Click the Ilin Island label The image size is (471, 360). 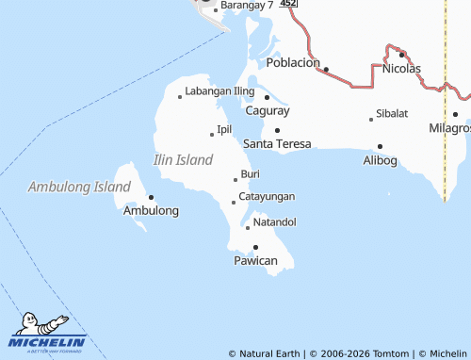click(x=183, y=160)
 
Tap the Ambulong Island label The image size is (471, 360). click(x=79, y=187)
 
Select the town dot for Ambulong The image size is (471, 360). click(x=151, y=197)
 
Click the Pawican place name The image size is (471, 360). click(x=255, y=260)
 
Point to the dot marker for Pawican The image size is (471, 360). click(x=255, y=247)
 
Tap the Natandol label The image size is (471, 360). click(x=275, y=222)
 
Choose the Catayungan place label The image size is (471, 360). click(x=267, y=196)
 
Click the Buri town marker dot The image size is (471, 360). click(x=235, y=179)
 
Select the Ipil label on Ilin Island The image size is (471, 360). click(x=224, y=129)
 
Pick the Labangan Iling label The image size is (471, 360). click(x=219, y=91)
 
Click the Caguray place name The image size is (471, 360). click(x=267, y=110)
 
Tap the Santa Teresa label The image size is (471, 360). click(x=277, y=144)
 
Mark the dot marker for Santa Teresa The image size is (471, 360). click(x=277, y=130)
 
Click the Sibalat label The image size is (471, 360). click(x=392, y=113)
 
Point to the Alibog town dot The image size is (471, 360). click(x=380, y=146)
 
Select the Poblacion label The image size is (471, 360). click(x=294, y=63)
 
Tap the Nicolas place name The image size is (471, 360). click(x=401, y=68)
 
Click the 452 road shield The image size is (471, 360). click(x=288, y=4)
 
